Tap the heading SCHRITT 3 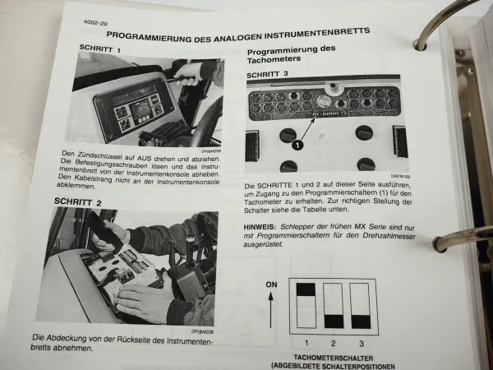tap(270, 73)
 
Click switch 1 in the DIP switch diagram tap(304, 305)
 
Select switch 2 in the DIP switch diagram tap(333, 305)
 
